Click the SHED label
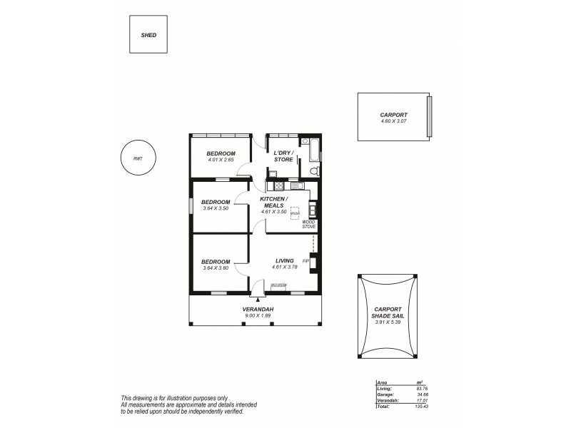[148, 34]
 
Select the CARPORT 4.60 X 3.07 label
[393, 117]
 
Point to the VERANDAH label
[258, 310]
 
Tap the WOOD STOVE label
[308, 224]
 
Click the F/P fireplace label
[305, 261]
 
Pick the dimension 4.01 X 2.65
[221, 160]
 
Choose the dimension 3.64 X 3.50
[215, 208]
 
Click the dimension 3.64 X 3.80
[215, 267]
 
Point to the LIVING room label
[285, 261]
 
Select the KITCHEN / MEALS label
[274, 202]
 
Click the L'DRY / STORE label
[283, 156]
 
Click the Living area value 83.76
[422, 389]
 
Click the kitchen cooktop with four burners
[271, 180]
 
